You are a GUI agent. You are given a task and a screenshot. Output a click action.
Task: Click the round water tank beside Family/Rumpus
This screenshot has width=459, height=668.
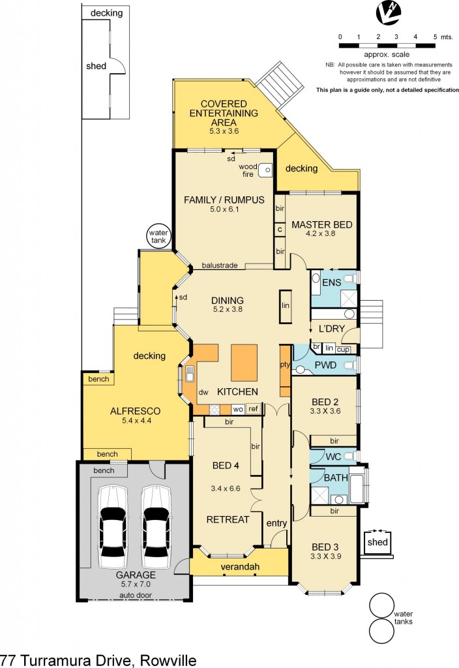click(x=158, y=236)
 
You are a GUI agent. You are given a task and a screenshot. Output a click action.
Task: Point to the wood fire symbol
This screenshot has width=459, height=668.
click(x=264, y=170)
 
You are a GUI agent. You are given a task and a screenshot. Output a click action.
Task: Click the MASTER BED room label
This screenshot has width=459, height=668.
click(x=321, y=224)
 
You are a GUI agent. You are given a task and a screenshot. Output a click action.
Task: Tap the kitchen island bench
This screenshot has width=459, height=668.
click(x=244, y=363)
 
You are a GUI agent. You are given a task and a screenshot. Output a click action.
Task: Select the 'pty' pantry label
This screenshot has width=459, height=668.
click(x=284, y=365)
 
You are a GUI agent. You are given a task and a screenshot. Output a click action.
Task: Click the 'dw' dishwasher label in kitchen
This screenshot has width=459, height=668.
click(x=203, y=392)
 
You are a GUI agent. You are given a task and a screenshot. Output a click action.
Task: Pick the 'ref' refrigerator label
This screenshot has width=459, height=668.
click(x=253, y=410)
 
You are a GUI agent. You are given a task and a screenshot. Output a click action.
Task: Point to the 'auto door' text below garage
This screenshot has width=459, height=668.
click(x=136, y=596)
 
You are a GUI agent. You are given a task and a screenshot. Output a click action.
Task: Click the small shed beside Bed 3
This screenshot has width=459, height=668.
click(x=378, y=542)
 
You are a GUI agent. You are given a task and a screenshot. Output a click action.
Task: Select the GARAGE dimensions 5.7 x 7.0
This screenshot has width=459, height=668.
click(x=136, y=585)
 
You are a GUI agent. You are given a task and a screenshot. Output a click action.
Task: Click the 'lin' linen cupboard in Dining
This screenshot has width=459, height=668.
click(x=285, y=305)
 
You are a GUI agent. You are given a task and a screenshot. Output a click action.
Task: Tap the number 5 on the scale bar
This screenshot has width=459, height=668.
click(x=434, y=37)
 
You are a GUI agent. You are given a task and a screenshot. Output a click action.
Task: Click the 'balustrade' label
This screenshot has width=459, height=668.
click(x=218, y=266)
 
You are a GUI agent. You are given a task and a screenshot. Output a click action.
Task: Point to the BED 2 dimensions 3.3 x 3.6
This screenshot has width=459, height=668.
click(x=324, y=412)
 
